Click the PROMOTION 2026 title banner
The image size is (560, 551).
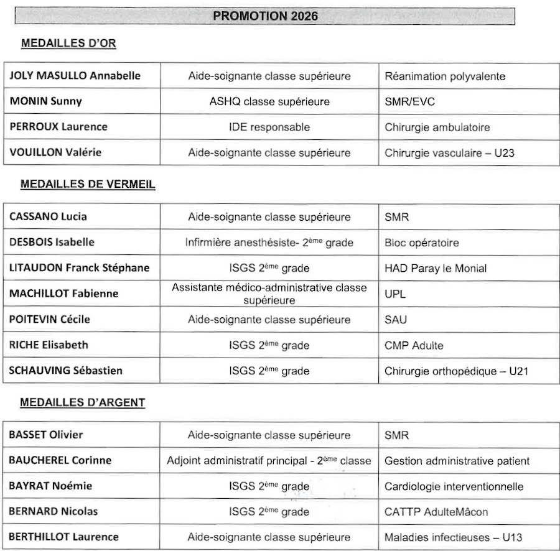tap(265, 16)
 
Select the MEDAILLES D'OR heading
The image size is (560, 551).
tap(68, 44)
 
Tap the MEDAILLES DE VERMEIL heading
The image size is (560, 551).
tap(88, 184)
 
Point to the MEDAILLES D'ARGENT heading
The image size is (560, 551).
tap(83, 402)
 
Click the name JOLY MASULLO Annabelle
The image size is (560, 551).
tap(75, 76)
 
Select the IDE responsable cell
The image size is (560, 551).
tap(269, 127)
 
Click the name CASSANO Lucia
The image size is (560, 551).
tap(49, 216)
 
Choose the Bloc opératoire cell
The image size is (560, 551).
tap(422, 243)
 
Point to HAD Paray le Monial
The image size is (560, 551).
tap(436, 268)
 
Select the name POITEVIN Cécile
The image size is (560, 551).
tap(50, 319)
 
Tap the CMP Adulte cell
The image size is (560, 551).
tap(414, 345)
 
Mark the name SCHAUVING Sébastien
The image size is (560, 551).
tap(65, 371)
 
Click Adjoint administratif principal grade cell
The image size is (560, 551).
tap(269, 461)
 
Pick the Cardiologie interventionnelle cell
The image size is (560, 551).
tap(454, 486)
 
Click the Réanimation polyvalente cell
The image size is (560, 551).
tap(445, 76)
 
